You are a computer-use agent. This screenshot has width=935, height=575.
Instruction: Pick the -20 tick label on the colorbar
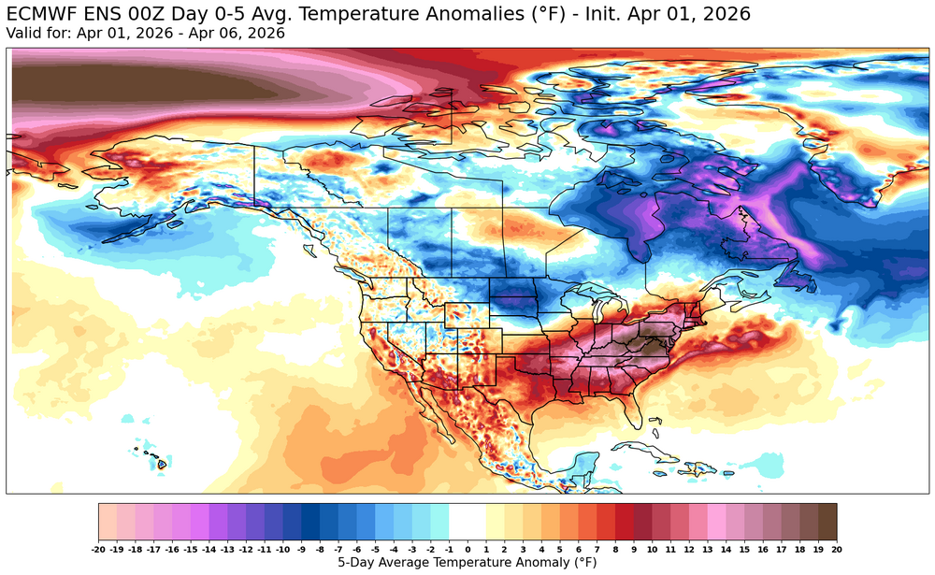99,550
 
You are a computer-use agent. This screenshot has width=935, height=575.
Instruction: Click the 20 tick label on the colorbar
836,550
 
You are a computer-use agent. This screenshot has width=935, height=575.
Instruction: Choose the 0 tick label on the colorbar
467,550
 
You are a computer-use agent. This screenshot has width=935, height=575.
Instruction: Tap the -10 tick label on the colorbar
283,550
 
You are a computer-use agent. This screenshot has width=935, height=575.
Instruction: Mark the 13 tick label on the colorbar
707,550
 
